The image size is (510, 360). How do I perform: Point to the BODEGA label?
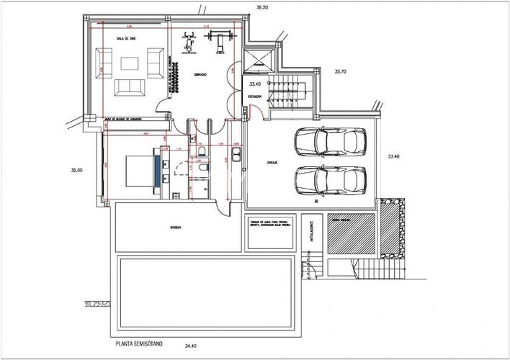pos(174,227)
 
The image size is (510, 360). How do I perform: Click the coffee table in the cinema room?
pos(129,62)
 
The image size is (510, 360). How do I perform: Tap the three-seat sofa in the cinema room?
pos(128,86)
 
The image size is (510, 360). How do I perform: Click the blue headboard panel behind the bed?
pos(156,170)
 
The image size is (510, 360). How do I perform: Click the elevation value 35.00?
pos(76,171)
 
